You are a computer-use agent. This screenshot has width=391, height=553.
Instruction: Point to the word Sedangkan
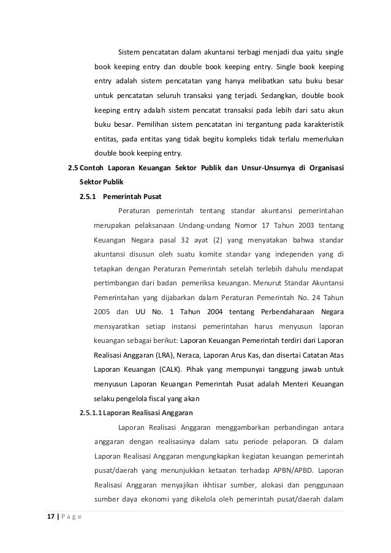[x=279, y=96]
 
